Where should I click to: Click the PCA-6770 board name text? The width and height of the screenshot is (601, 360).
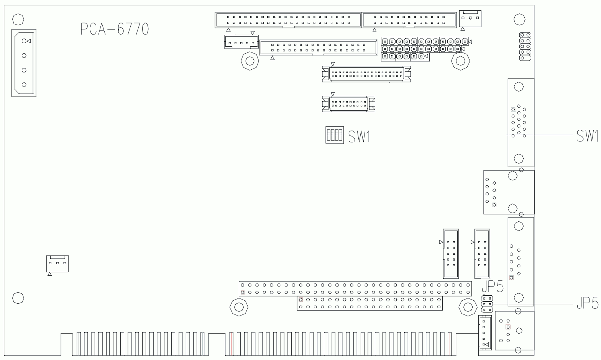(x=114, y=29)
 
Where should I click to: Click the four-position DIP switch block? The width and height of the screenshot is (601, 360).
(x=334, y=135)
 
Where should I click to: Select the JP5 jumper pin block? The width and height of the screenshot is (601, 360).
(x=487, y=304)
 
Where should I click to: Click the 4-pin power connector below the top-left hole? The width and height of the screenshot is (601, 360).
(x=24, y=63)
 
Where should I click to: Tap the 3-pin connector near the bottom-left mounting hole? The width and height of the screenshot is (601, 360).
(x=57, y=263)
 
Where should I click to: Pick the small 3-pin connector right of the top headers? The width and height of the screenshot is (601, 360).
(x=470, y=19)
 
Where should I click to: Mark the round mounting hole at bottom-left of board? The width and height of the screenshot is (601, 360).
(x=17, y=297)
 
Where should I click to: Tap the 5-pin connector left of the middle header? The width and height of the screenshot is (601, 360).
(x=241, y=42)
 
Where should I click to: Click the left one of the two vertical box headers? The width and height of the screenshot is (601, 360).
(x=451, y=254)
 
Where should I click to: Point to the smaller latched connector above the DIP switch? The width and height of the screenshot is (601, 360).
(x=348, y=103)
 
